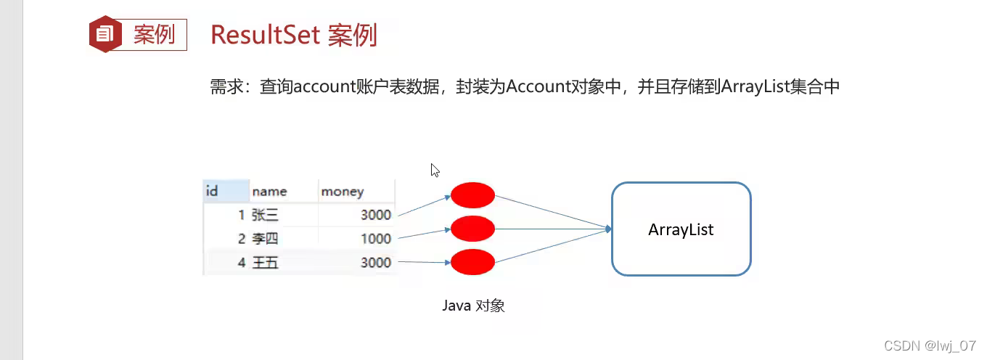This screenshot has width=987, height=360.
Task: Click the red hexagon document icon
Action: (105, 34)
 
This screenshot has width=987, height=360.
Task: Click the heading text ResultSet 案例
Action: (294, 34)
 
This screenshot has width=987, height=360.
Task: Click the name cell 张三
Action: (265, 215)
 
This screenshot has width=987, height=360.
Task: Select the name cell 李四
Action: (265, 239)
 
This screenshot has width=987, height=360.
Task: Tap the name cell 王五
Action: (265, 263)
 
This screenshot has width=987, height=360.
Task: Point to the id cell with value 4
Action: (241, 263)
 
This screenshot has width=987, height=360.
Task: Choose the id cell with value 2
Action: (241, 239)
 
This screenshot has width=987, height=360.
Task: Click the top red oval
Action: (472, 195)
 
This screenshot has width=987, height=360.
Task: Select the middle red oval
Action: (472, 229)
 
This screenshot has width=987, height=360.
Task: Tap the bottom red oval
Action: (472, 262)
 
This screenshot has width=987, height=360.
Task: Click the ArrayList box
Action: (681, 229)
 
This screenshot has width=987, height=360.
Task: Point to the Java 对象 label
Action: (473, 306)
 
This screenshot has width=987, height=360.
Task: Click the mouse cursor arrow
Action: (434, 170)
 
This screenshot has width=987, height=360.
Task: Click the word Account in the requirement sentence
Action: (535, 87)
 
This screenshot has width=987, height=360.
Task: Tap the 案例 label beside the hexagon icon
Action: (154, 34)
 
